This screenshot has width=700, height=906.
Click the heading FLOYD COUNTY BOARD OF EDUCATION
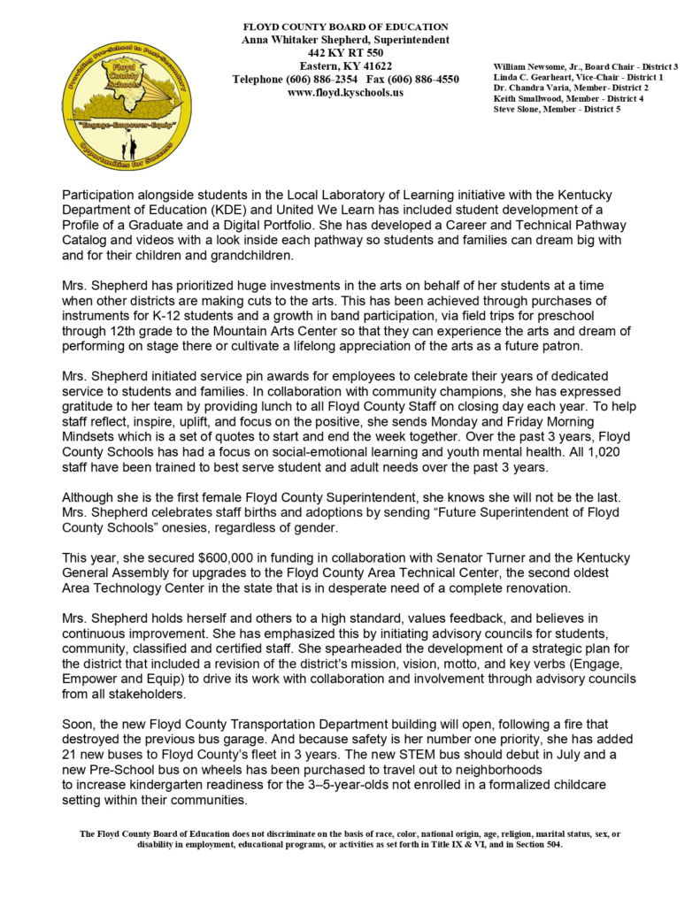click(346, 27)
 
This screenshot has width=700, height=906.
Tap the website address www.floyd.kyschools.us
click(346, 92)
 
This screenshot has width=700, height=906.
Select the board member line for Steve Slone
click(557, 110)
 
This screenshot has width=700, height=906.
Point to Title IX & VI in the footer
click(438, 844)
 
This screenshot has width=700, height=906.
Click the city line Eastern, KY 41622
click(346, 66)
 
